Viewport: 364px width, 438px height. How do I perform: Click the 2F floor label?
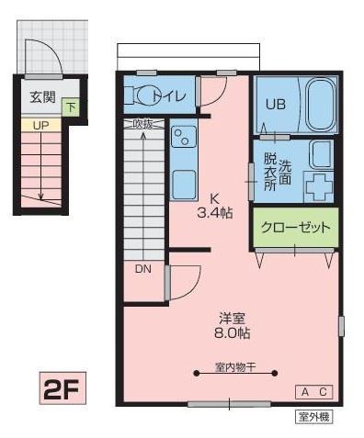pyautogui.click(x=62, y=388)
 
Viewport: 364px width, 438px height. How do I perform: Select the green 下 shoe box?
pyautogui.click(x=71, y=107)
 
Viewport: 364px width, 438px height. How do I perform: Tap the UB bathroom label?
pyautogui.click(x=276, y=104)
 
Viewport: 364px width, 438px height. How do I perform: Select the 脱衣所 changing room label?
pyautogui.click(x=269, y=170)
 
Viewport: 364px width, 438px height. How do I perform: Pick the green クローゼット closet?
pyautogui.click(x=293, y=227)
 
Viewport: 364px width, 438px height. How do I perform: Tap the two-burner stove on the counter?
pyautogui.click(x=182, y=140)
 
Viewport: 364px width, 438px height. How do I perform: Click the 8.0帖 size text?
pyautogui.click(x=233, y=332)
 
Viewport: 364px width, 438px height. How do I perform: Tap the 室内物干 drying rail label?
pyautogui.click(x=235, y=367)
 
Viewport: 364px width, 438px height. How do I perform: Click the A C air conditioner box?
pyautogui.click(x=313, y=392)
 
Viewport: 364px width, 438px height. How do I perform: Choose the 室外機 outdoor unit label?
pyautogui.click(x=313, y=416)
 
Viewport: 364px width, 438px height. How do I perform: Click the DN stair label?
pyautogui.click(x=143, y=269)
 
